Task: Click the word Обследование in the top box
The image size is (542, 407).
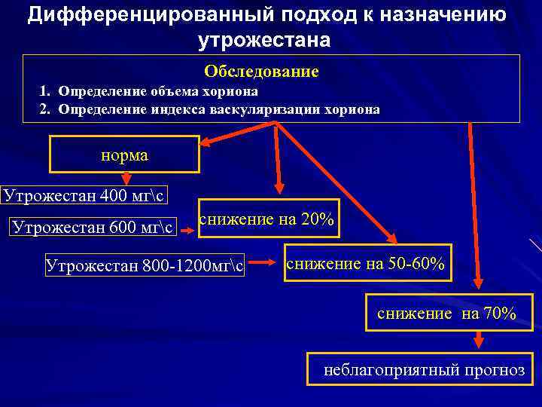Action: (x=261, y=72)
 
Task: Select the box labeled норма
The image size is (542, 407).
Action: (x=124, y=155)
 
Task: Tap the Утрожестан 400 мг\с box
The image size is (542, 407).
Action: (x=84, y=197)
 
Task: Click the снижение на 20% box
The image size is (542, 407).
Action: (x=266, y=219)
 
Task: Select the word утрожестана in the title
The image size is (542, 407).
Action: (x=264, y=40)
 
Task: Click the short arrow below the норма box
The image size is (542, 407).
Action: (x=126, y=179)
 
